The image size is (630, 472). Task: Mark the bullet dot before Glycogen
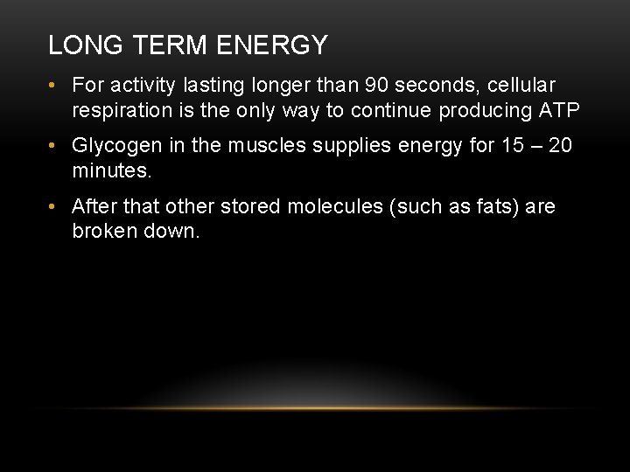pos(54,146)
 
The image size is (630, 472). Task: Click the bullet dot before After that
pos(54,207)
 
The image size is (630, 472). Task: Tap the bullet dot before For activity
pos(54,85)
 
